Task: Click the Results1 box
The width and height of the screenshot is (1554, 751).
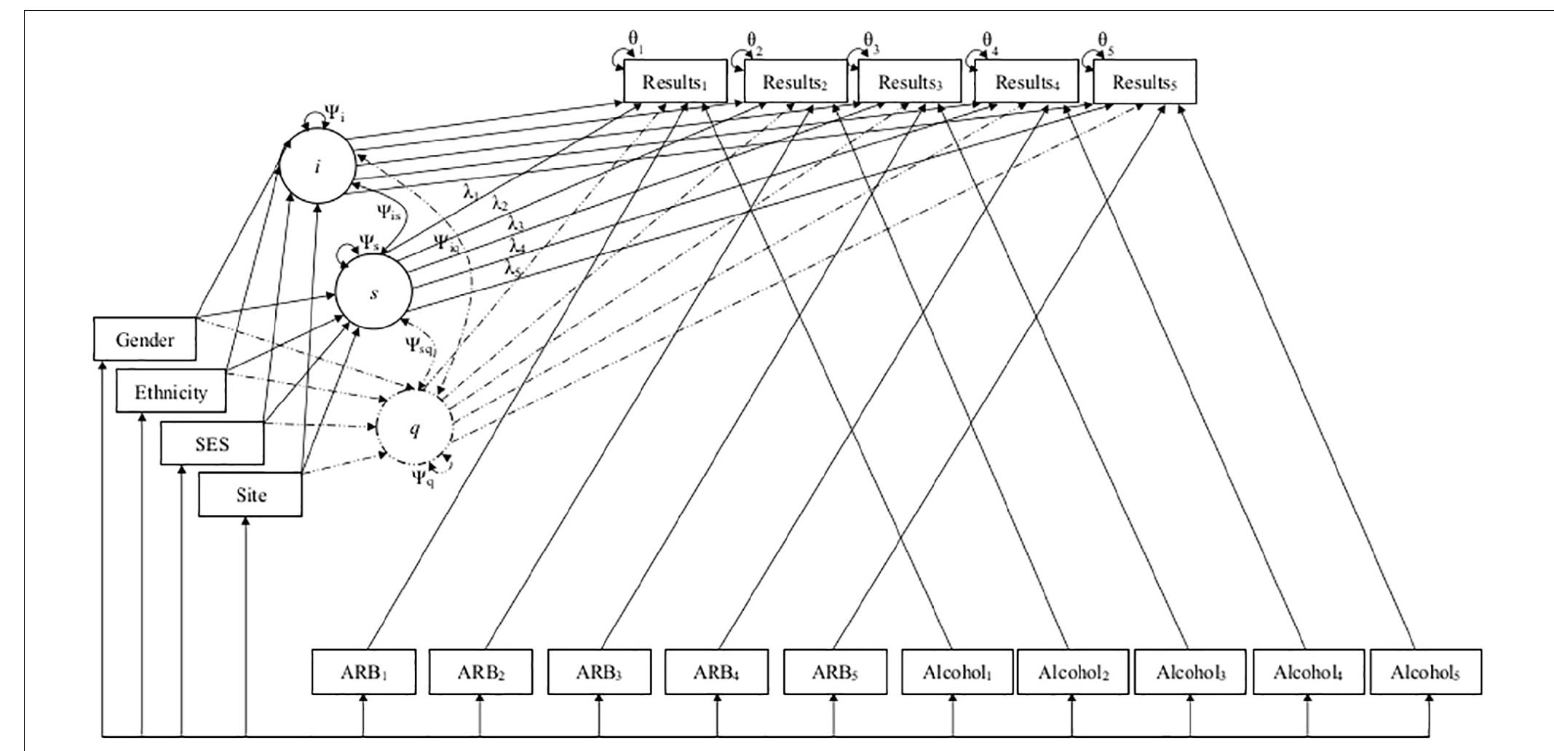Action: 675,82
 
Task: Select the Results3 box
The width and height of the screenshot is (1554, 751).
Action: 910,82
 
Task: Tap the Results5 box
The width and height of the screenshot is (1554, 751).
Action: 1144,82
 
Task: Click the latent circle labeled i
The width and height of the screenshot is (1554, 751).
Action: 318,167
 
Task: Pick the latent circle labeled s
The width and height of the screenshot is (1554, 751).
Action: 373,293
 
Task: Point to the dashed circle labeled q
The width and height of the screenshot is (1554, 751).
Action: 414,429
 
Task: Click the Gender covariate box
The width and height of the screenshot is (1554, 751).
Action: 145,339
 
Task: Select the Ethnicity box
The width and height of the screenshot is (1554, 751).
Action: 171,392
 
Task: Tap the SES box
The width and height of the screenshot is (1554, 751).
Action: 212,444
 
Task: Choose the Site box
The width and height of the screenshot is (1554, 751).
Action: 250,495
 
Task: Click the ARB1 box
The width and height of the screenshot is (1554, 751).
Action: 364,672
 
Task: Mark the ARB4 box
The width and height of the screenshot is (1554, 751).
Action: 717,672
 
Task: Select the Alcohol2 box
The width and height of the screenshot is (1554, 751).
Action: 1073,672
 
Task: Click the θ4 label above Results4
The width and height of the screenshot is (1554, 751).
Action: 988,39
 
